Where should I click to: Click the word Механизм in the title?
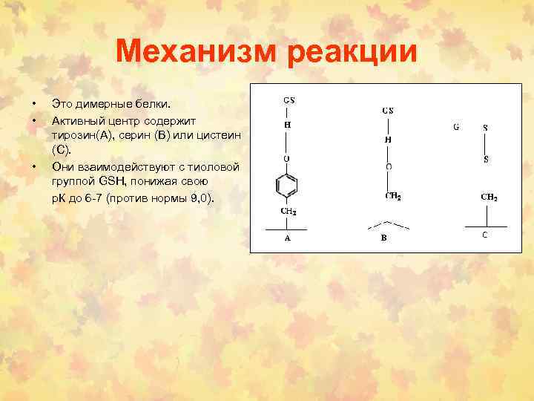click(x=197, y=53)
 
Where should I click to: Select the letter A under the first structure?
click(x=288, y=239)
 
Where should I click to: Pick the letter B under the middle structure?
click(x=384, y=238)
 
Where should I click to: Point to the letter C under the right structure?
click(x=485, y=235)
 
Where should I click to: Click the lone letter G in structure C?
click(x=456, y=127)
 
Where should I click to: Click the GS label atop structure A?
click(x=289, y=99)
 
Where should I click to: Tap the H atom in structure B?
click(x=387, y=139)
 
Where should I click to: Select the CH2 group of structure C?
click(x=489, y=198)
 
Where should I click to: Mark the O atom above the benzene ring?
click(x=288, y=159)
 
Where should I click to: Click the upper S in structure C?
click(x=486, y=128)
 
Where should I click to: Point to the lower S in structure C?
click(x=486, y=159)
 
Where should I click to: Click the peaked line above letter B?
click(x=384, y=224)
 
